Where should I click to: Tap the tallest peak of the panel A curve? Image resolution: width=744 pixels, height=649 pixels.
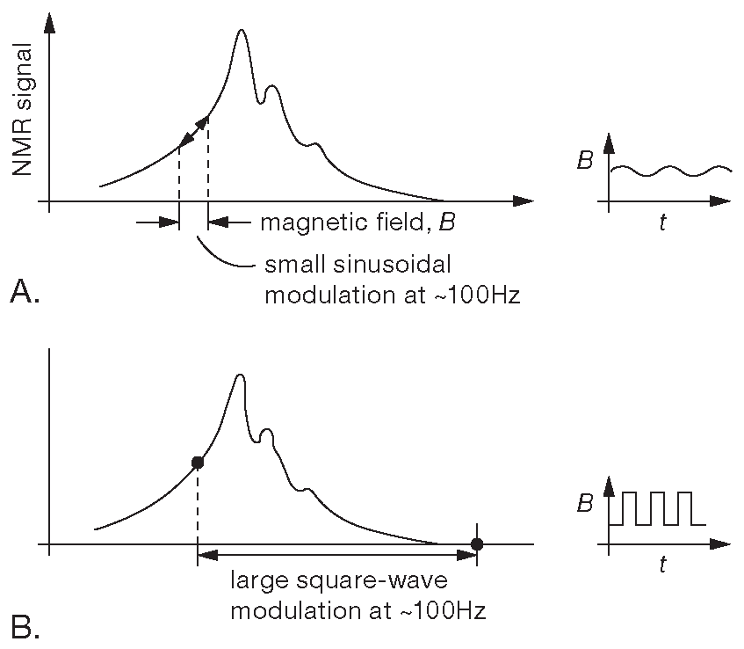click(x=241, y=32)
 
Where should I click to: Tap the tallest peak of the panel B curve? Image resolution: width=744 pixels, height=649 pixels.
click(x=240, y=376)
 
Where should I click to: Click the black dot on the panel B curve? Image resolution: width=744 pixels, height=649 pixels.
click(x=198, y=463)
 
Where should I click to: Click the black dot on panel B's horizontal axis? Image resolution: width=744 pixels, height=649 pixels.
click(x=476, y=544)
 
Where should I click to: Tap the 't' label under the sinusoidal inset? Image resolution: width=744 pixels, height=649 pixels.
click(x=662, y=224)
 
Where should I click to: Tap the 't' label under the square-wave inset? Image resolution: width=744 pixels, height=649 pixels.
click(x=662, y=566)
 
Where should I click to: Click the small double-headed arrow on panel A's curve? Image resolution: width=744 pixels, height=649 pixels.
click(x=193, y=130)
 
